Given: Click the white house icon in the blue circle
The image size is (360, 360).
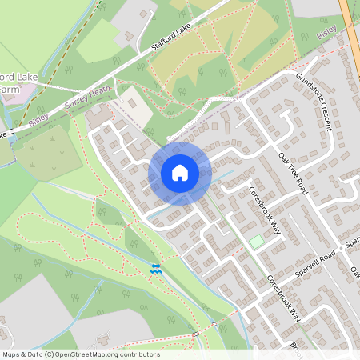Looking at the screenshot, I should [x=180, y=172].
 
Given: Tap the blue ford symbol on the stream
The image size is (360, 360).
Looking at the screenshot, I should [x=157, y=269].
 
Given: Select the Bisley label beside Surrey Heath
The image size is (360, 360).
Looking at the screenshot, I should [x=38, y=119].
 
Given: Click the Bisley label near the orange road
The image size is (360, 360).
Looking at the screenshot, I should [x=326, y=34].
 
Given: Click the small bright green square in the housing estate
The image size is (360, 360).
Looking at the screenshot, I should [x=255, y=241].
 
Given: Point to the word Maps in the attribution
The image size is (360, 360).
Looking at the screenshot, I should [x=11, y=354].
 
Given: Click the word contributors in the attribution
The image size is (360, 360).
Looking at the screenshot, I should [x=139, y=354].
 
